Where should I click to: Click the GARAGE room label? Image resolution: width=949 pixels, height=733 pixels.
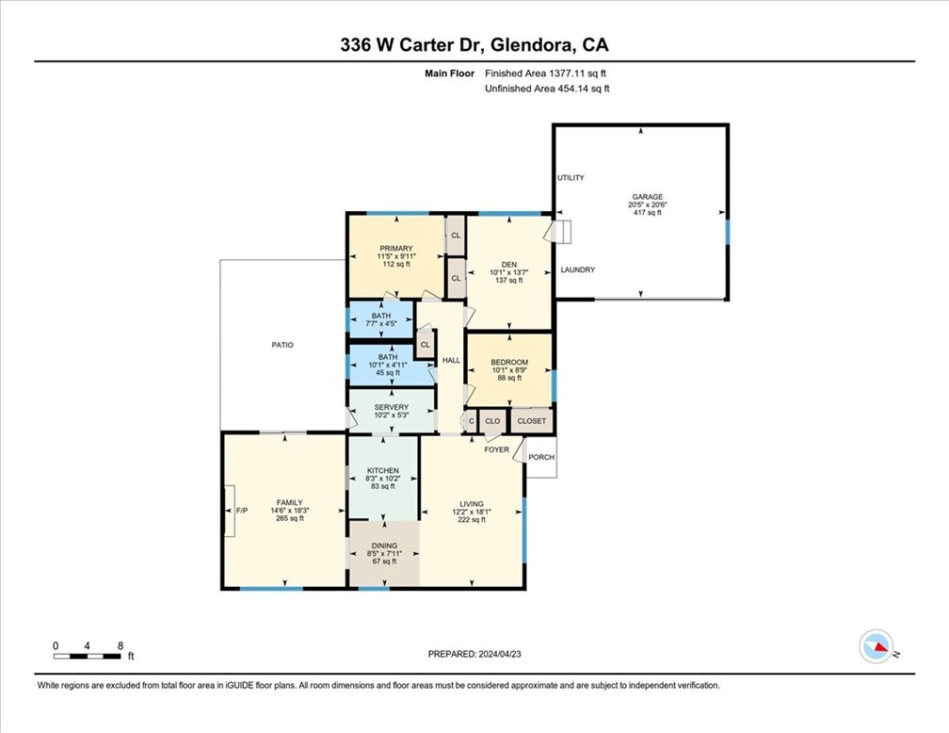pyautogui.click(x=647, y=197)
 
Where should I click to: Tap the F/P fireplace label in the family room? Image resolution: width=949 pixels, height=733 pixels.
pyautogui.click(x=241, y=511)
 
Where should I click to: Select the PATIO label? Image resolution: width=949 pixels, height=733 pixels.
pyautogui.click(x=282, y=345)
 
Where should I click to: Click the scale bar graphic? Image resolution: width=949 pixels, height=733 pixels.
pyautogui.click(x=87, y=656)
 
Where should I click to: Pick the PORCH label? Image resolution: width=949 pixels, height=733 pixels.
pyautogui.click(x=541, y=457)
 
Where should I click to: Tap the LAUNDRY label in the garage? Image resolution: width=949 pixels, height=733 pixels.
pyautogui.click(x=577, y=269)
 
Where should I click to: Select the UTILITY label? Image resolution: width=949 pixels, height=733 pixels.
pyautogui.click(x=571, y=177)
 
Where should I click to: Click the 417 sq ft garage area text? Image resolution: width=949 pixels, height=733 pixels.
pyautogui.click(x=647, y=213)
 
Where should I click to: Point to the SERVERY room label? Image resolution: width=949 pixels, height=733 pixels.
pyautogui.click(x=391, y=407)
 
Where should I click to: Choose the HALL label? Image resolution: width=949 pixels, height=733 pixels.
pyautogui.click(x=451, y=360)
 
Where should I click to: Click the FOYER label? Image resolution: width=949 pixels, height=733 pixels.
pyautogui.click(x=496, y=449)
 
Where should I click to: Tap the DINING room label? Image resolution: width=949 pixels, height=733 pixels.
pyautogui.click(x=384, y=546)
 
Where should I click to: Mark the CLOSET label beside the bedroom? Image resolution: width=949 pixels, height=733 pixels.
pyautogui.click(x=531, y=421)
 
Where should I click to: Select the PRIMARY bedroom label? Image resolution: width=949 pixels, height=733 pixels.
pyautogui.click(x=395, y=249)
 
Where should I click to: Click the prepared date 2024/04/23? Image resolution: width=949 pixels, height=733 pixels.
pyautogui.click(x=499, y=654)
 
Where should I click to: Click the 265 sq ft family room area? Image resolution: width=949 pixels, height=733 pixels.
pyautogui.click(x=289, y=518)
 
